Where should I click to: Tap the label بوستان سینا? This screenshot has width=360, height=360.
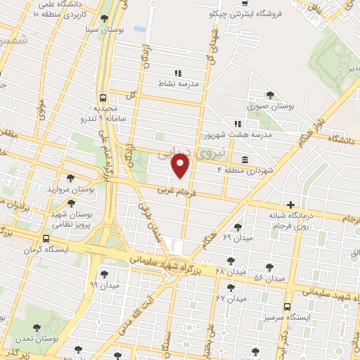point(105,30)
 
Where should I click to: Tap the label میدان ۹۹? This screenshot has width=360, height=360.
point(103,284)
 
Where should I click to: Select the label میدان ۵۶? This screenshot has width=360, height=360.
point(269,278)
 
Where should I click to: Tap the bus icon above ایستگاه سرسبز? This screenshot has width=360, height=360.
point(287,307)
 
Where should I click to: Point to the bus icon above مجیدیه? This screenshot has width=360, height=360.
point(104,98)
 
